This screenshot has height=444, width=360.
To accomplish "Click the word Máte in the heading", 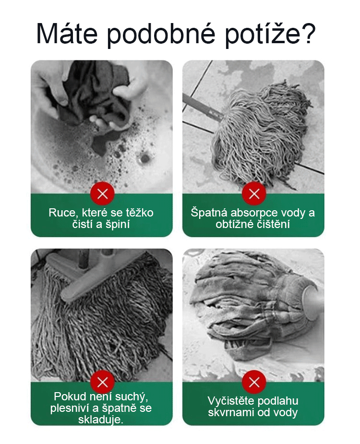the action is pyautogui.click(x=67, y=34).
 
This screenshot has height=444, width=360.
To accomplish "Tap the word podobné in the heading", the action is pyautogui.click(x=161, y=35).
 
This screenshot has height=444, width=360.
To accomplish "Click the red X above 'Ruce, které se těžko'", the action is pyautogui.click(x=103, y=194).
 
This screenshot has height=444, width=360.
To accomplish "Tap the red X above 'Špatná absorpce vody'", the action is pyautogui.click(x=254, y=194).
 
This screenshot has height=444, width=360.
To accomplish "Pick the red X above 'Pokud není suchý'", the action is pyautogui.click(x=103, y=382).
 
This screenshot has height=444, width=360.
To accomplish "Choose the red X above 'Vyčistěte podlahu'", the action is pyautogui.click(x=254, y=382).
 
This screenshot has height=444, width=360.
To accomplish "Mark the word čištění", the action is pyautogui.click(x=273, y=224).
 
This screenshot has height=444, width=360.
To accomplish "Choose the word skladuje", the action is pyautogui.click(x=100, y=420).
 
